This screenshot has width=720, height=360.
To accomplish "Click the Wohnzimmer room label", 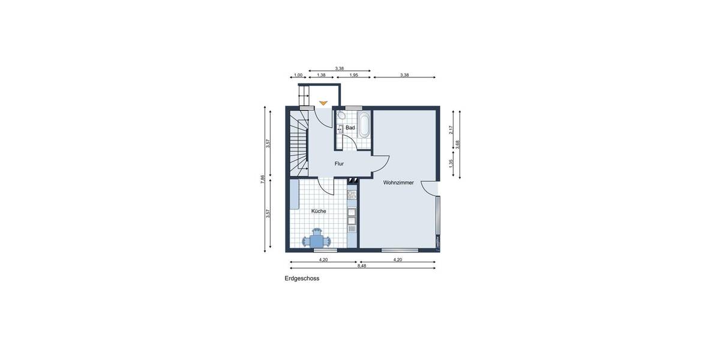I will tap(398, 182).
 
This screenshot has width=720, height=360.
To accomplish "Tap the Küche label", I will tap(319, 211).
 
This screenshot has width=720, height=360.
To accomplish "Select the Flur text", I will tap(339, 163).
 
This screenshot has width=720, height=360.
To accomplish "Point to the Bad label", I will tap(350, 128).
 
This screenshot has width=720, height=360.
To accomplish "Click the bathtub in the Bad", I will tap(364, 125).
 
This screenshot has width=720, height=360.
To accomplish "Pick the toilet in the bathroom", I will tap(341, 116).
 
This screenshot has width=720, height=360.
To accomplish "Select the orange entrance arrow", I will tap(323, 103).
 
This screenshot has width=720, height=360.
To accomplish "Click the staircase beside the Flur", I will tap(298, 143).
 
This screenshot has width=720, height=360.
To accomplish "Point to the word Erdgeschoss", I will tap(302, 278).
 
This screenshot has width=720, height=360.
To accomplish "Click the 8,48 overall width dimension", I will tap(362, 265).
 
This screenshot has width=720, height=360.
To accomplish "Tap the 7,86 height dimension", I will tap(262, 179).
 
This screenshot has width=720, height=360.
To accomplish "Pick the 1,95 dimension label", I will tap(353, 75).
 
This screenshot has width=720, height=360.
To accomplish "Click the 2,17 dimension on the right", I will tap(451, 129).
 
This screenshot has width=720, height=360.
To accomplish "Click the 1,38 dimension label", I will tap(321, 75).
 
